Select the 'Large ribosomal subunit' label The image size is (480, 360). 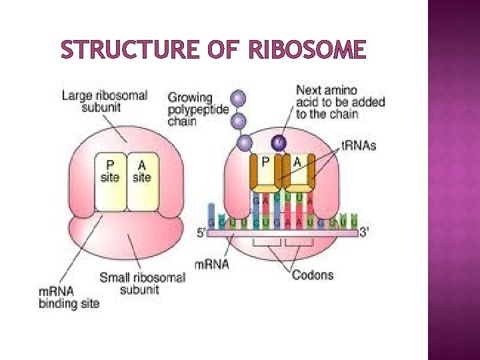pyautogui.click(x=104, y=101)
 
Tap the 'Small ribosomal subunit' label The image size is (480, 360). pyautogui.click(x=142, y=283)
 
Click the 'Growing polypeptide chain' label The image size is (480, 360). pyautogui.click(x=190, y=109)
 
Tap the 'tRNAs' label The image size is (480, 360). pyautogui.click(x=359, y=145)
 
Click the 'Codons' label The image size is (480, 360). pyautogui.click(x=312, y=275)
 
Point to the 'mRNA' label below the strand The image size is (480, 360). pyautogui.click(x=211, y=264)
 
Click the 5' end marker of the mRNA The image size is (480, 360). pyautogui.click(x=201, y=233)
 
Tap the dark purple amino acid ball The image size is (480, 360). pyautogui.click(x=278, y=142)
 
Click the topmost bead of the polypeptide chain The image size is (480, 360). pyautogui.click(x=238, y=99)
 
